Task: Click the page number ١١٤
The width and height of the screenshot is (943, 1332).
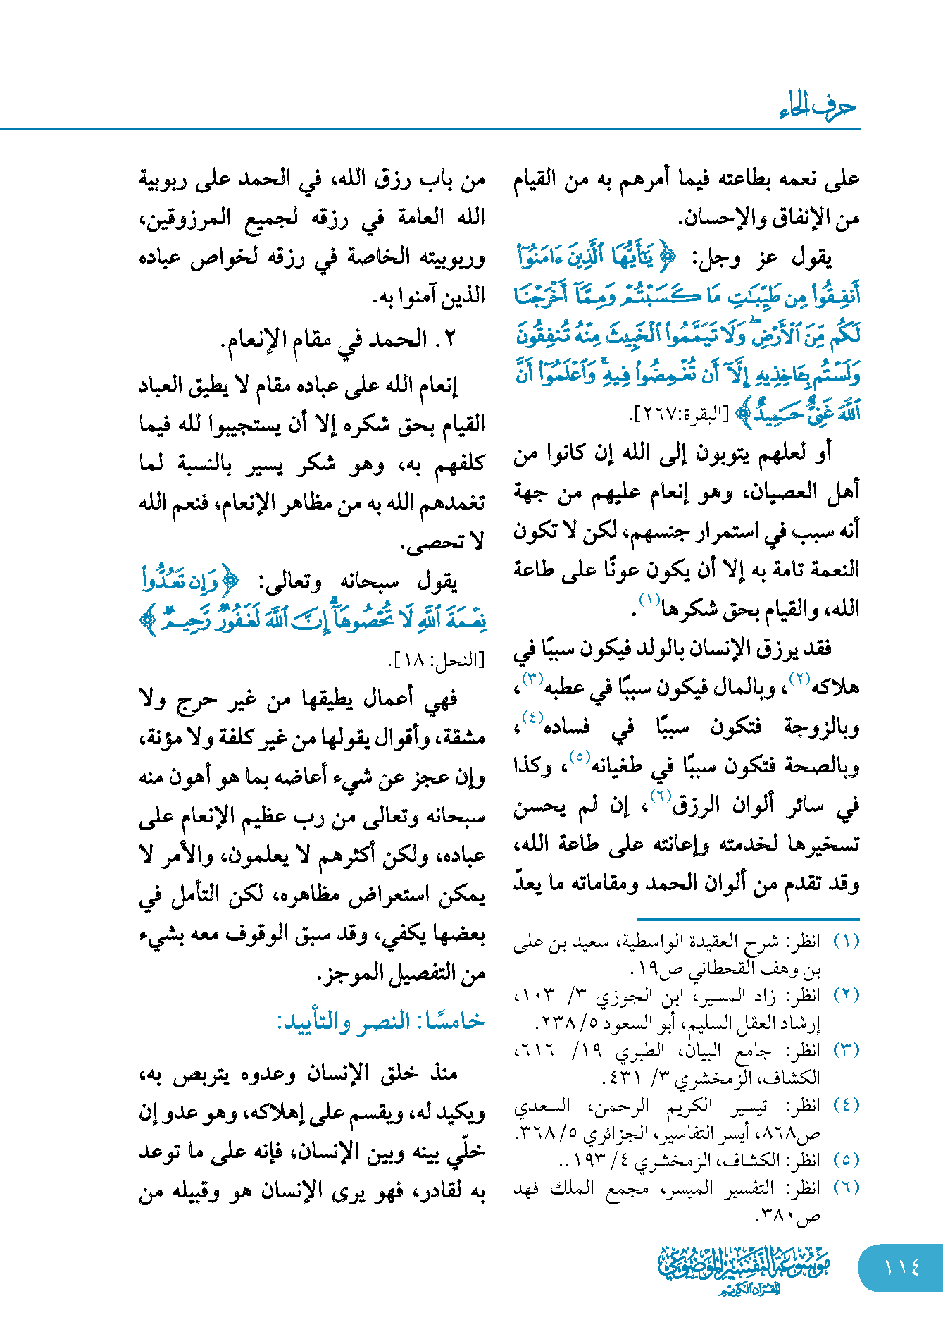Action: [x=901, y=1267]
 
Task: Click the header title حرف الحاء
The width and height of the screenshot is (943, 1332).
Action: [x=817, y=107]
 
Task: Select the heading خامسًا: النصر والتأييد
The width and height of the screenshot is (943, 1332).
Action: [x=380, y=1021]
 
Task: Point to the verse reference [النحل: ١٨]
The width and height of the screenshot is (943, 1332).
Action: [x=436, y=660]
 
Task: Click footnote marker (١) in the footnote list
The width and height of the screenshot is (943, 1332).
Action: [x=846, y=941]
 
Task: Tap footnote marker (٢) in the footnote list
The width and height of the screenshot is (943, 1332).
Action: [x=846, y=995]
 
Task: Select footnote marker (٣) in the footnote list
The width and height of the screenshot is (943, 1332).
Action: [x=846, y=1050]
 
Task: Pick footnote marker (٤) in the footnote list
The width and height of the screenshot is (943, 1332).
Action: [x=846, y=1105]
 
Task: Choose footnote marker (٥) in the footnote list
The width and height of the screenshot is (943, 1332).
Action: [x=846, y=1159]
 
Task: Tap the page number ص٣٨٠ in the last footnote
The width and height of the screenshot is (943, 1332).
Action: [x=787, y=1216]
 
